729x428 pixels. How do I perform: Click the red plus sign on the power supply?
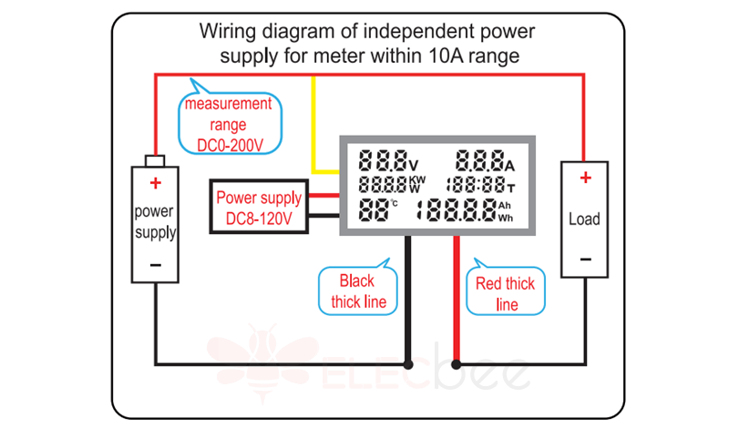[x=156, y=183]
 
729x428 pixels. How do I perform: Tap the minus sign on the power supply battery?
[x=156, y=265]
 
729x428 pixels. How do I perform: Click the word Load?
[x=584, y=219]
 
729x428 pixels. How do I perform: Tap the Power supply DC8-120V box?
[x=258, y=209]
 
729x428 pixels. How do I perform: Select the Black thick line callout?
[x=358, y=290]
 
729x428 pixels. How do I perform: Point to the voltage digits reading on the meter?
[x=383, y=161]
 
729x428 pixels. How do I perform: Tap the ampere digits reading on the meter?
[x=479, y=161]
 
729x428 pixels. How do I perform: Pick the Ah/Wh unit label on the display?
[x=506, y=212]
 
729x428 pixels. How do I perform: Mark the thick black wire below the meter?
[x=407, y=301]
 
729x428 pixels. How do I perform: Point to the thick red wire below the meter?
[x=455, y=301]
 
